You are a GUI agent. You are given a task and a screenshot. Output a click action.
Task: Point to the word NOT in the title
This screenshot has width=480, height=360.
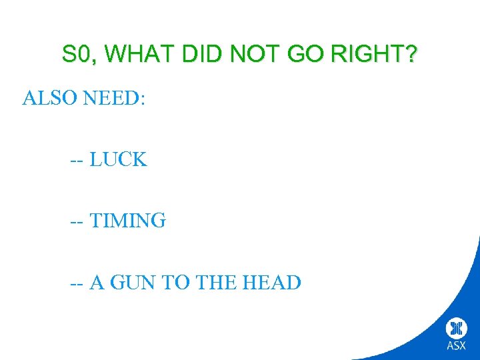[252, 54]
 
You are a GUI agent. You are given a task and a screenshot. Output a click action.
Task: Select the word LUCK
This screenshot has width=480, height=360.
[118, 160]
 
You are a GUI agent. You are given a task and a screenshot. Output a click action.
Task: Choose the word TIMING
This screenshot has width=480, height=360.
[127, 221]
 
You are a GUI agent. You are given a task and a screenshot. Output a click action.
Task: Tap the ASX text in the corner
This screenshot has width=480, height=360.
[457, 345]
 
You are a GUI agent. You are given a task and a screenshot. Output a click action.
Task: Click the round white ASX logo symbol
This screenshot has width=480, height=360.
[457, 327]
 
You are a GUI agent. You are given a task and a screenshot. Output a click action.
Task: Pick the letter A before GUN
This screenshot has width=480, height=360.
[97, 283]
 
